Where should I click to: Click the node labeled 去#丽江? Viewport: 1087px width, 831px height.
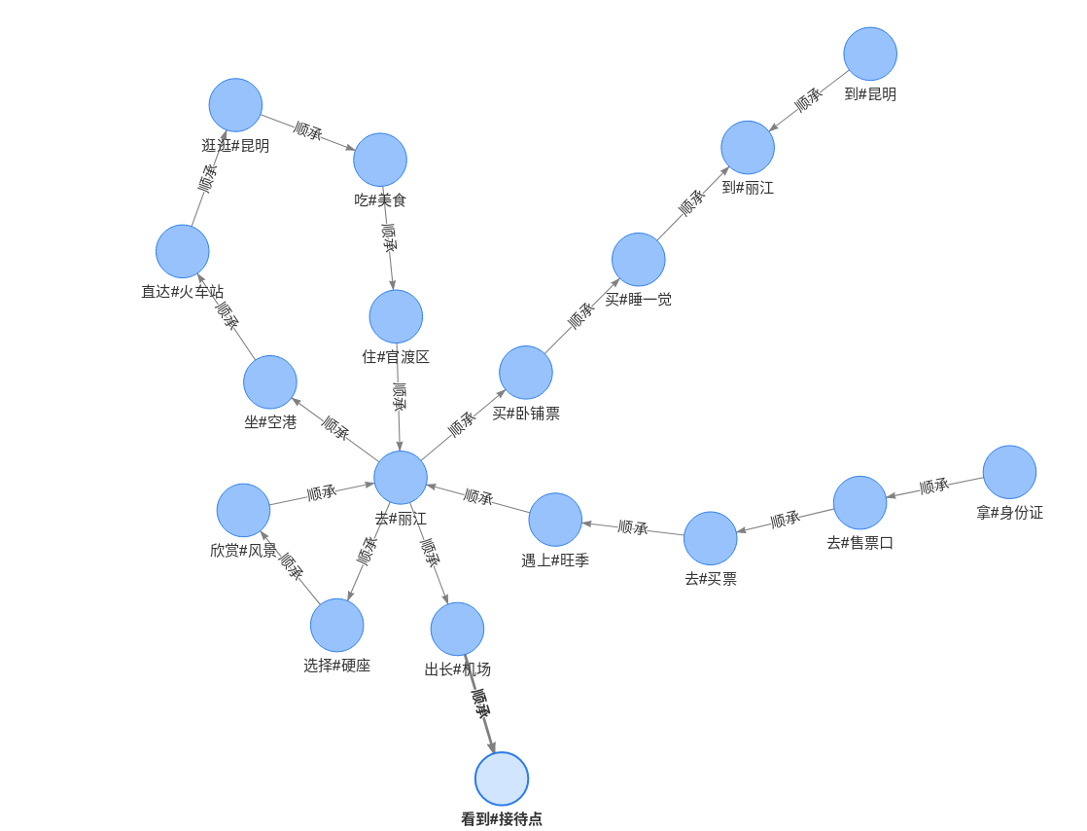point(401,477)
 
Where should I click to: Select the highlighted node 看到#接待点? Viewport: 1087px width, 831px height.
point(502,778)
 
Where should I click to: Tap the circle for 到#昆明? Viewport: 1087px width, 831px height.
point(870,54)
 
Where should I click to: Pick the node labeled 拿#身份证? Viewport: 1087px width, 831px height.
point(1009,472)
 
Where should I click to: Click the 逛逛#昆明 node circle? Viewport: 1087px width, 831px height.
point(235,105)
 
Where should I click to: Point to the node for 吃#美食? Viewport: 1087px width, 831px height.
point(380,160)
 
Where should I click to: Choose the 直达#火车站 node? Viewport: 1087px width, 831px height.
point(183,251)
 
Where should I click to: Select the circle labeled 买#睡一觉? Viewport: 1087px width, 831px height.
point(639,260)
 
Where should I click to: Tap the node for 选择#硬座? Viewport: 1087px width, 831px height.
point(337,625)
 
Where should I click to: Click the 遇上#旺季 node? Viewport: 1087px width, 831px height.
point(555,520)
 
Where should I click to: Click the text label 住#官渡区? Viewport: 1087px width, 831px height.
point(396,357)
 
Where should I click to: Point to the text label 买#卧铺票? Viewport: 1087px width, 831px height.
point(526,414)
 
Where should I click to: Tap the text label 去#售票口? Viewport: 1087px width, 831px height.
point(860,543)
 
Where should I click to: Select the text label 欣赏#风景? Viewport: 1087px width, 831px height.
point(243,551)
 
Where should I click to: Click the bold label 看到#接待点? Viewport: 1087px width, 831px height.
point(502,819)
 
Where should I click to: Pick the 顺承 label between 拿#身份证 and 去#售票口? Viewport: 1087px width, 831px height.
point(934,487)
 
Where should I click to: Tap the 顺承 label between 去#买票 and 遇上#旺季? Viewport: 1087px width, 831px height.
point(633,527)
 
